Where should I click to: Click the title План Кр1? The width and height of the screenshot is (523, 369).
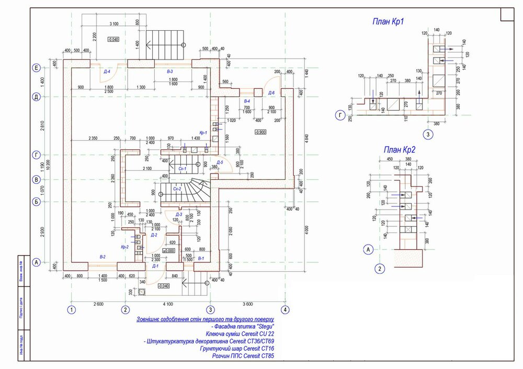click(389, 21)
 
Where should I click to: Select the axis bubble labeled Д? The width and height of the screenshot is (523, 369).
click(37, 97)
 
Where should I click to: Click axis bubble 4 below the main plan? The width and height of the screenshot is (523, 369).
click(285, 309)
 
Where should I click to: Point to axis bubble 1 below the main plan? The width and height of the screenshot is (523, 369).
click(72, 309)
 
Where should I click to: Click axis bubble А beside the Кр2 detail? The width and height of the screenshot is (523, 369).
click(368, 250)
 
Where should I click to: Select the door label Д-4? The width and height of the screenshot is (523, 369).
click(107, 72)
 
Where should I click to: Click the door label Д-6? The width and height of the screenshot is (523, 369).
click(271, 93)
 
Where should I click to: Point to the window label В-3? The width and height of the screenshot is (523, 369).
click(169, 71)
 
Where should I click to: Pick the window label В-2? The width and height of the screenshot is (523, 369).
click(103, 257)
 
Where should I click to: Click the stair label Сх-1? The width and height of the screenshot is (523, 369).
click(183, 169)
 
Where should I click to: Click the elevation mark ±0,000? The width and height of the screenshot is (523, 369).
click(168, 251)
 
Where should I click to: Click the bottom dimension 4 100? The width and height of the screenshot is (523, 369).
click(167, 304)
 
